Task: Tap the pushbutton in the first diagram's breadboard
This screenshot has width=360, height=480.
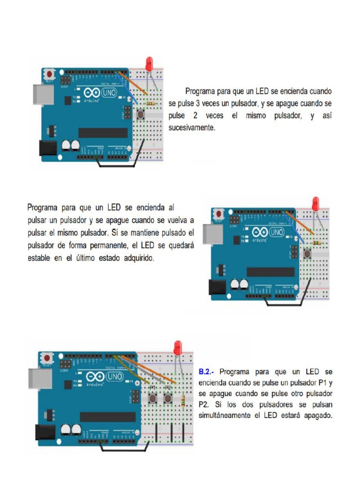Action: coord(140,114)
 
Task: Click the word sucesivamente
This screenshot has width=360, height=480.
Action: coord(192,127)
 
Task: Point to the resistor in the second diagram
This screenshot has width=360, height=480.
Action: coord(317,243)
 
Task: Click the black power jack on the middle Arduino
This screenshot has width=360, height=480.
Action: coord(216,287)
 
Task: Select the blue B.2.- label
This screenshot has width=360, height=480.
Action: coord(206,372)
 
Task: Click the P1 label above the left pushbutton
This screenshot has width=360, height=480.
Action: coord(152,388)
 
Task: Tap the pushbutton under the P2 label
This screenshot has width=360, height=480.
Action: coord(168,399)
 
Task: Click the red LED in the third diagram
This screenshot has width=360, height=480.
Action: coord(178,347)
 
